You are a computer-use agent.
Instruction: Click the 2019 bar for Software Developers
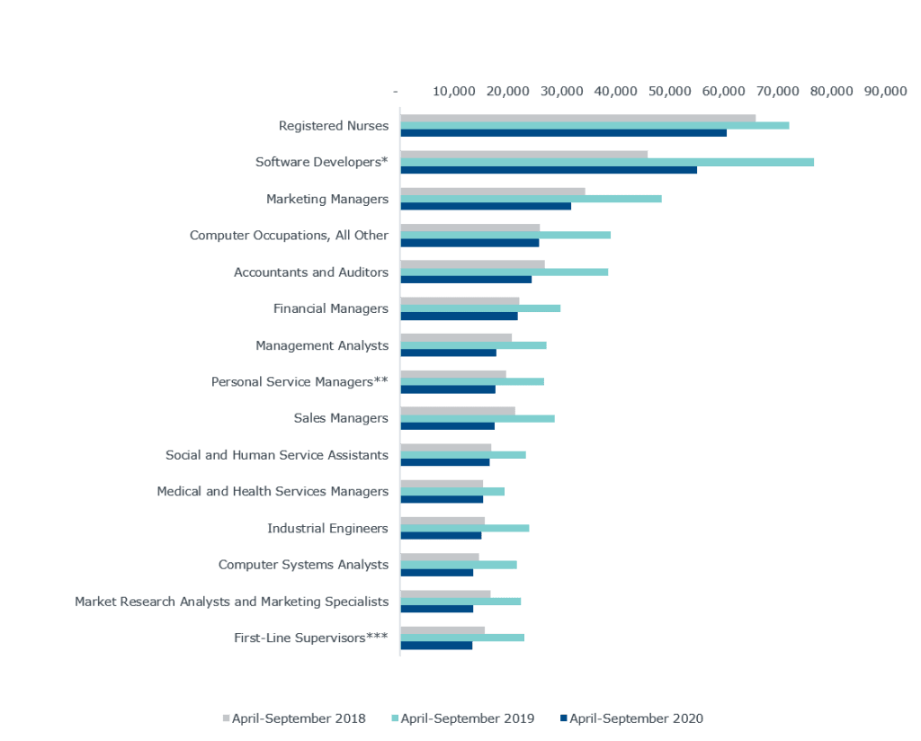tap(607, 162)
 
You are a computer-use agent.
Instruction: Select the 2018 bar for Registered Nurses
tap(577, 118)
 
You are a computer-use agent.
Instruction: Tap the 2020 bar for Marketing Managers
tap(486, 206)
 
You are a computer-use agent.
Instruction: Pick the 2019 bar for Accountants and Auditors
tap(505, 272)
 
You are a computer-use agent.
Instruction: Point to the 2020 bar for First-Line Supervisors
tap(436, 645)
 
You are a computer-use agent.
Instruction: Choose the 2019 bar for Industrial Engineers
tap(465, 528)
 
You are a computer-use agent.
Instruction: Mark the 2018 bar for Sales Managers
tap(458, 411)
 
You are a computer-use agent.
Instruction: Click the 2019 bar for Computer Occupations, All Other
tap(505, 235)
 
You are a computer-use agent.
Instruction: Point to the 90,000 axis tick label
tap(885, 92)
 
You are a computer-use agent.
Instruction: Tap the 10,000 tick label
tap(453, 92)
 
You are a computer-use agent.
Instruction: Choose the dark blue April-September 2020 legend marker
tap(564, 719)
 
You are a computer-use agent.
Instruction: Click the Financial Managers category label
tap(330, 308)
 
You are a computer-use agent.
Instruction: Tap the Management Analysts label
tap(322, 345)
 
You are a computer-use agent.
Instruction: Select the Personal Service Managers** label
tap(300, 382)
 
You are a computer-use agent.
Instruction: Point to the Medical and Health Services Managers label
tap(273, 492)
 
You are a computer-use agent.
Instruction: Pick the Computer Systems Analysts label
tap(303, 565)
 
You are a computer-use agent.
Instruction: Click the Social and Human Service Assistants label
tap(276, 455)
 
